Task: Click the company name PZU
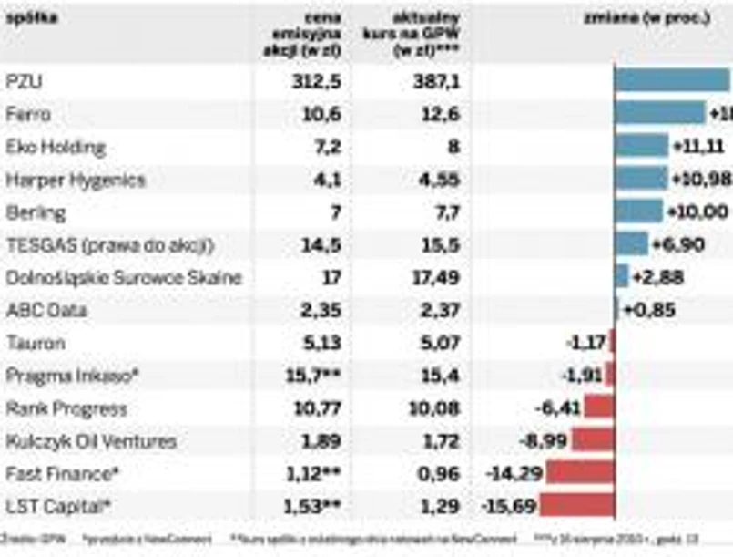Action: [25, 82]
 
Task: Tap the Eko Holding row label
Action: [56, 147]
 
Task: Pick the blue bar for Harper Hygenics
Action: [641, 179]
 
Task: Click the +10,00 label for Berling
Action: [697, 212]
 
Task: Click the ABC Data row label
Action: [45, 310]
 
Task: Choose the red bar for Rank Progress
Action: [598, 407]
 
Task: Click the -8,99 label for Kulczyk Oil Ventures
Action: [542, 440]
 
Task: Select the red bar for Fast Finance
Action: [580, 473]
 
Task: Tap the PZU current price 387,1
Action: [435, 82]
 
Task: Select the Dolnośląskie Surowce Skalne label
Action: [124, 278]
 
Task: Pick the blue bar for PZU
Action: [673, 81]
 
